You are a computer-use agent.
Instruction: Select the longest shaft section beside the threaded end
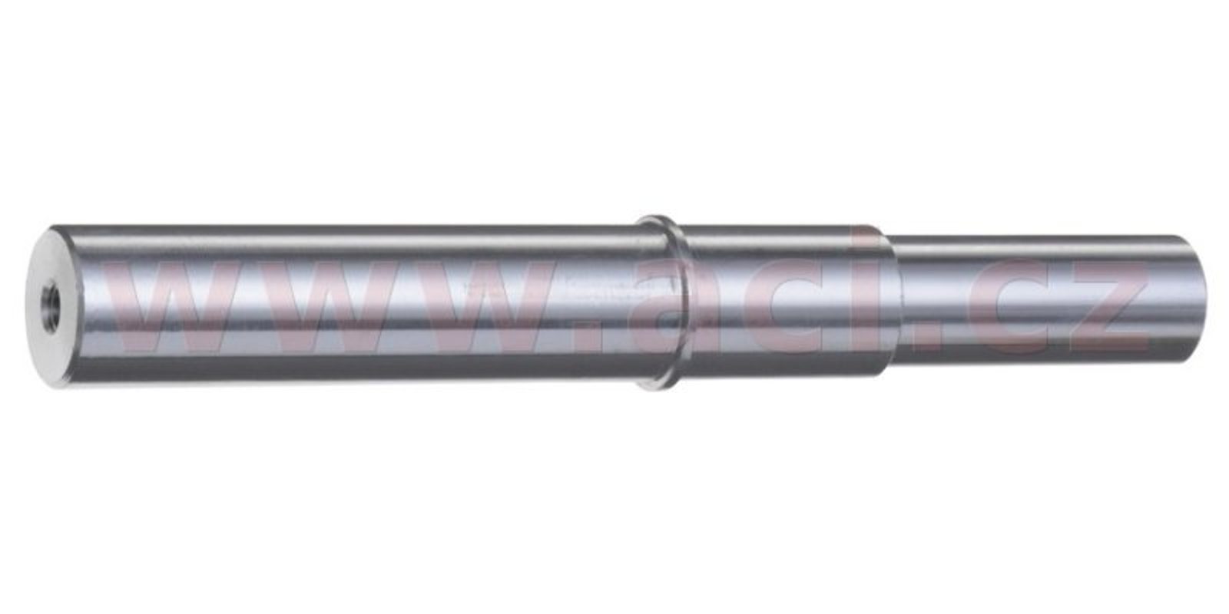coord(356,306)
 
